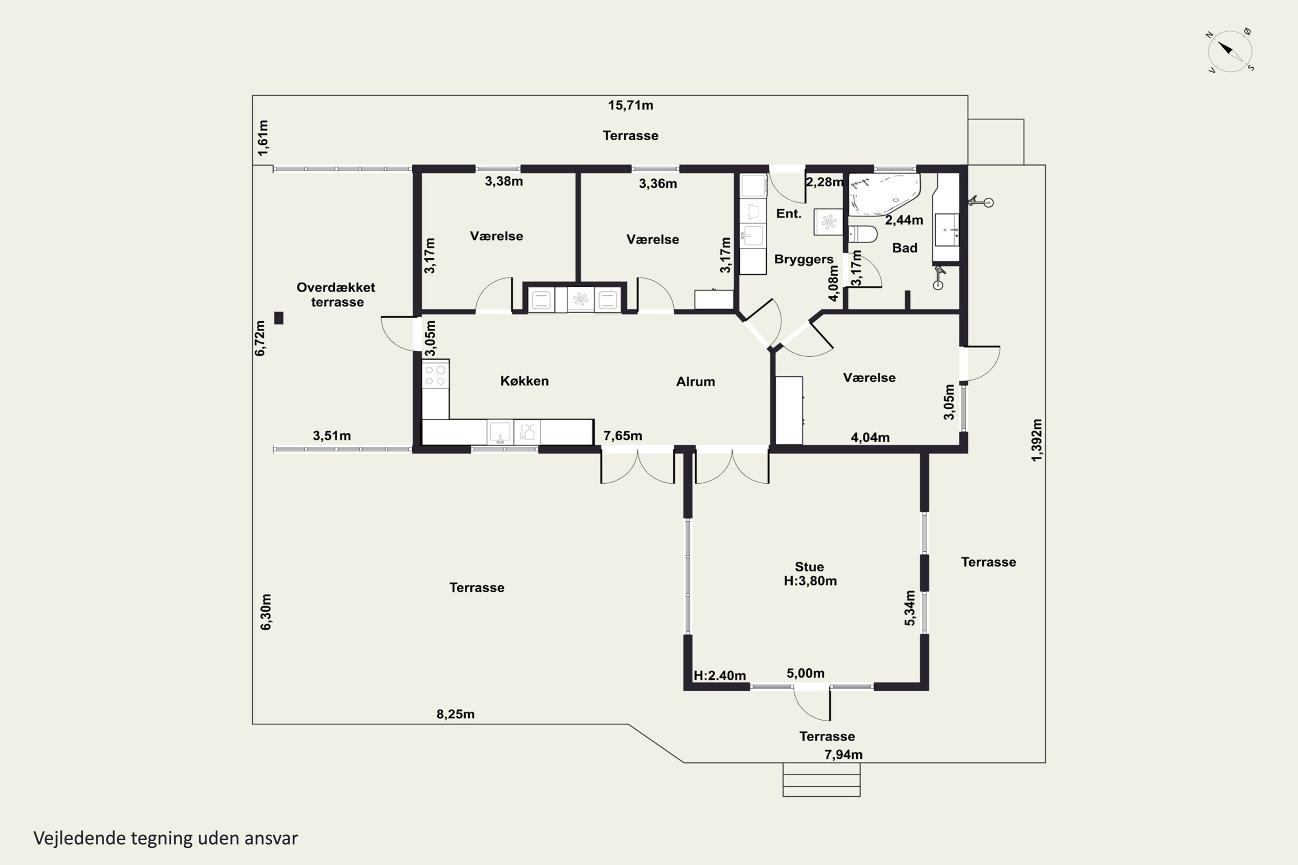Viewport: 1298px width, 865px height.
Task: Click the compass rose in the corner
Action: pyautogui.click(x=1230, y=51)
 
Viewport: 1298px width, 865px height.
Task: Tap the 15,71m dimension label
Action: pyautogui.click(x=630, y=106)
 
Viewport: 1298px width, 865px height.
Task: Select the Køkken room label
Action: pyautogui.click(x=524, y=381)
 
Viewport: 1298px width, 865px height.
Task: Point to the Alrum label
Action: pyautogui.click(x=695, y=382)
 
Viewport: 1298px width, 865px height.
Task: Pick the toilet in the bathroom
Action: pyautogui.click(x=862, y=234)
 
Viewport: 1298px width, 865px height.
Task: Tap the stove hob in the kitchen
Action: pyautogui.click(x=435, y=375)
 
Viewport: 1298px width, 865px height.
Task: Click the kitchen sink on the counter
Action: pyautogui.click(x=500, y=432)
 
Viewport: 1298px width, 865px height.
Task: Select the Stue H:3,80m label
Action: pyautogui.click(x=810, y=574)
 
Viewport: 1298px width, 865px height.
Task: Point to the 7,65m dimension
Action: pyautogui.click(x=623, y=436)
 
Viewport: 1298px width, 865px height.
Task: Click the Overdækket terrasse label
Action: pyautogui.click(x=336, y=295)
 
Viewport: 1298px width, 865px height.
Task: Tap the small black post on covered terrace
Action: pyautogui.click(x=279, y=318)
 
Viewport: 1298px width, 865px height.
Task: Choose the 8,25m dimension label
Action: pyautogui.click(x=455, y=714)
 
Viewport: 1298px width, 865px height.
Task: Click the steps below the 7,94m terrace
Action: pyautogui.click(x=821, y=779)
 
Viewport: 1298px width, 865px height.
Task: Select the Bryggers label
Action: pyautogui.click(x=803, y=259)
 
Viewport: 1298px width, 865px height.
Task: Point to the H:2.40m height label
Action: pyautogui.click(x=720, y=676)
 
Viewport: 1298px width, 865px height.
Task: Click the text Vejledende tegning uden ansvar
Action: pyautogui.click(x=166, y=838)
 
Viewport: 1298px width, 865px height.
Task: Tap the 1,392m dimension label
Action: pyautogui.click(x=1037, y=440)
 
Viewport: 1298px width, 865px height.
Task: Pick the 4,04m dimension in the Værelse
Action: pyautogui.click(x=870, y=437)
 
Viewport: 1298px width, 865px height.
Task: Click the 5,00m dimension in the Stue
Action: pyautogui.click(x=806, y=673)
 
